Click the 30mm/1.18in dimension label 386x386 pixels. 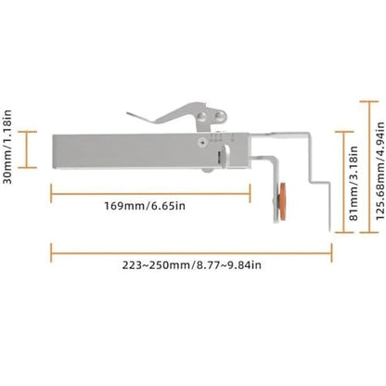point(7,147)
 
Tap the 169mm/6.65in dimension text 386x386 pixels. point(145,206)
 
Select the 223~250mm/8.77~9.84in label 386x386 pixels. point(191,265)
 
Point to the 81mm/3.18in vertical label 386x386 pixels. point(354,183)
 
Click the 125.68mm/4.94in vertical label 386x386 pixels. point(380,171)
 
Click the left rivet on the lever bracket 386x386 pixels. point(202,116)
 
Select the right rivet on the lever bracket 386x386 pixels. point(221,116)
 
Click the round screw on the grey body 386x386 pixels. point(202,143)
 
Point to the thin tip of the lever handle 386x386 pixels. point(128,113)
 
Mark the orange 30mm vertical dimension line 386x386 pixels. point(27,149)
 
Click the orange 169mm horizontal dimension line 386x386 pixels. point(150,194)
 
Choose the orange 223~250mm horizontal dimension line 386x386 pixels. point(191,253)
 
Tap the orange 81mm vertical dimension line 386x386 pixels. point(344,182)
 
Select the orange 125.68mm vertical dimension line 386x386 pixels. point(369,167)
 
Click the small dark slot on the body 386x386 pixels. point(219,157)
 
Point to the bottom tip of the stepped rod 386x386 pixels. point(329,230)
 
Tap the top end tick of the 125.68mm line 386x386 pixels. point(369,101)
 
